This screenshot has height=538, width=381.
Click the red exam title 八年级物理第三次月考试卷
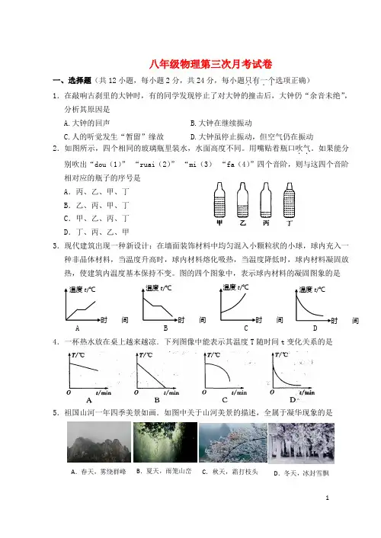click(210, 64)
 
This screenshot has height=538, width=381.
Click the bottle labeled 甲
click(219, 200)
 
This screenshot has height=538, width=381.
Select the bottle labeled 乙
click(242, 200)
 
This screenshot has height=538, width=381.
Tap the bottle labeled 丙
click(266, 200)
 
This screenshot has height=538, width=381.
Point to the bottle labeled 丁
click(289, 200)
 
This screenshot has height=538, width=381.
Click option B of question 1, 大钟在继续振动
click(221, 123)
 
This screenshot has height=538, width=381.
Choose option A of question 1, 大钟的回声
click(87, 123)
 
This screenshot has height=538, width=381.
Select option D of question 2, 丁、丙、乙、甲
click(97, 232)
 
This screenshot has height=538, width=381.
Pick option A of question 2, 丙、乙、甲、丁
click(97, 192)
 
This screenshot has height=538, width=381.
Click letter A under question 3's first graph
click(77, 328)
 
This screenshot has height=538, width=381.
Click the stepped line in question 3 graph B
click(158, 306)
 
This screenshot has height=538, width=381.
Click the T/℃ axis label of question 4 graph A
click(78, 355)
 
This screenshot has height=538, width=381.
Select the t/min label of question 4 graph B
click(171, 392)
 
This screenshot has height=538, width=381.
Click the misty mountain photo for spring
click(99, 442)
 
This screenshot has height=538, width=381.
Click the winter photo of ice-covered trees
click(301, 444)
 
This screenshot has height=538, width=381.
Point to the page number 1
click(327, 498)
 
